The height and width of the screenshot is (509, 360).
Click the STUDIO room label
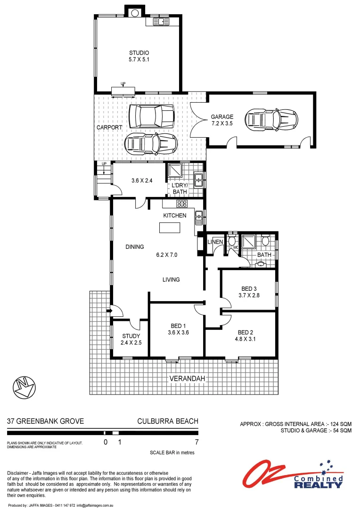pyautogui.click(x=139, y=53)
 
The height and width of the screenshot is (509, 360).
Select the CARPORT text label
pyautogui.click(x=110, y=127)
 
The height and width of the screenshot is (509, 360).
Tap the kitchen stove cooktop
pyautogui.click(x=182, y=204)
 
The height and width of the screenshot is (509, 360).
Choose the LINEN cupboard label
pyautogui.click(x=215, y=242)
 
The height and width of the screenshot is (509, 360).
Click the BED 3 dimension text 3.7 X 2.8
pyautogui.click(x=249, y=296)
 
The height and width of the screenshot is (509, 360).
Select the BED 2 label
pyautogui.click(x=246, y=332)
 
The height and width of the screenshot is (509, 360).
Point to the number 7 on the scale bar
pyautogui.click(x=196, y=442)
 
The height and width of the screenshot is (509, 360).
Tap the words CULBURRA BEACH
pyautogui.click(x=167, y=421)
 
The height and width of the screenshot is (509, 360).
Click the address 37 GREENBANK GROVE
pyautogui.click(x=45, y=421)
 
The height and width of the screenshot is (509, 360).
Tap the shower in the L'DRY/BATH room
pyautogui.click(x=175, y=171)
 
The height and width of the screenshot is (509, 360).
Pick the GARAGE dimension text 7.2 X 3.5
pyautogui.click(x=222, y=123)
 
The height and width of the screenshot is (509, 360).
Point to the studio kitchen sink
pyautogui.click(x=163, y=22)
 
